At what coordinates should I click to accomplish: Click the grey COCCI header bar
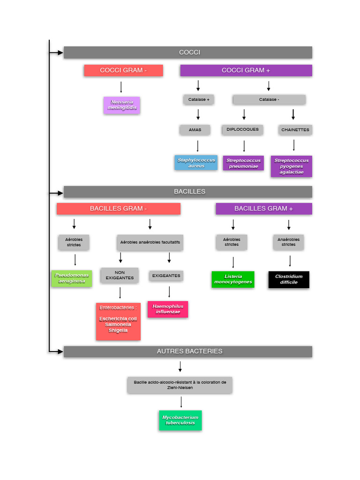(x=188, y=52)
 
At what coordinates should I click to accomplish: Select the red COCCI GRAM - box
(x=123, y=70)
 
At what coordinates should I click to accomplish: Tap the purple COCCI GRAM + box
(x=246, y=70)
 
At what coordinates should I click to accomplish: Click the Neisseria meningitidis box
(x=122, y=105)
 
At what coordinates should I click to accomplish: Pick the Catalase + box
(x=198, y=99)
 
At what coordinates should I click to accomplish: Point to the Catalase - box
(x=269, y=99)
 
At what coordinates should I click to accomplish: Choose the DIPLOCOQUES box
(x=242, y=129)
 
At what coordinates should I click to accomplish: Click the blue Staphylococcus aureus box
(x=196, y=163)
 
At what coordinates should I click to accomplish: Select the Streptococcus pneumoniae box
(x=243, y=163)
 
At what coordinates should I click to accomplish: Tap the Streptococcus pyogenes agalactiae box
(x=291, y=166)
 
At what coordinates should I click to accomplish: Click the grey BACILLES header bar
(x=188, y=192)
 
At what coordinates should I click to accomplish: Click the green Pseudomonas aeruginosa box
(x=71, y=278)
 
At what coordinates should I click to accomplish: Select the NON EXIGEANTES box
(x=120, y=275)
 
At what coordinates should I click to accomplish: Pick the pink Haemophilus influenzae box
(x=168, y=309)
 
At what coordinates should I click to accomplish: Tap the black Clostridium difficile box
(x=289, y=279)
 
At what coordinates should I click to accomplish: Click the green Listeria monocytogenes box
(x=233, y=279)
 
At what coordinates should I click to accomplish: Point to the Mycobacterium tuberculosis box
(x=180, y=420)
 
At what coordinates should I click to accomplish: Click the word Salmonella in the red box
(x=118, y=324)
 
